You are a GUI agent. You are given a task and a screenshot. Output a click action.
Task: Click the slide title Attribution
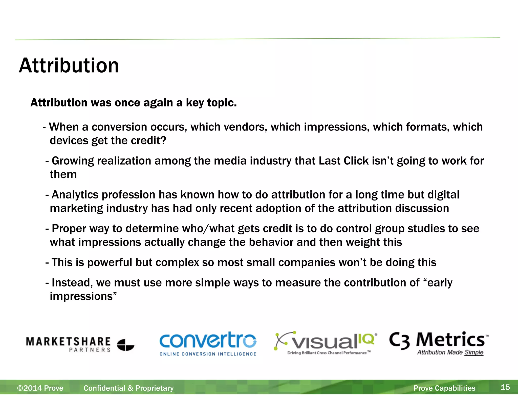click(x=69, y=65)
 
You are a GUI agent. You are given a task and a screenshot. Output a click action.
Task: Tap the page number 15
click(x=505, y=387)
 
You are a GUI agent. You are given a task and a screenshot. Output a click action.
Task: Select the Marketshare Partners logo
click(x=80, y=344)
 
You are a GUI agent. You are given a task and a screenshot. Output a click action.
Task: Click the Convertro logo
click(x=208, y=343)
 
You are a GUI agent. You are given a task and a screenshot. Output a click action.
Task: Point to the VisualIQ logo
click(x=325, y=343)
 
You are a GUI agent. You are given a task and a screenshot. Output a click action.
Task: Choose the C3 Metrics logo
click(x=439, y=343)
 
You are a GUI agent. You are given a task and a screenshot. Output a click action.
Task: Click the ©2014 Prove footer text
click(x=40, y=388)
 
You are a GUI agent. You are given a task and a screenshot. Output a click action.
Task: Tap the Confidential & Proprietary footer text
click(x=128, y=388)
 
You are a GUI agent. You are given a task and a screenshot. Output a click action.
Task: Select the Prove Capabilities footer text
click(x=444, y=388)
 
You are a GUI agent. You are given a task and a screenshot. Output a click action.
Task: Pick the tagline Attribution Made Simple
click(x=450, y=352)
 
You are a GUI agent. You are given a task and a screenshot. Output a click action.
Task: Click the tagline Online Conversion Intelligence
click(x=208, y=354)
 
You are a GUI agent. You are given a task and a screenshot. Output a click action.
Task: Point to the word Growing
click(x=73, y=161)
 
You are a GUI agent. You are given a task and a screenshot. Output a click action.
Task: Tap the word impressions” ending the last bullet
click(x=83, y=296)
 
